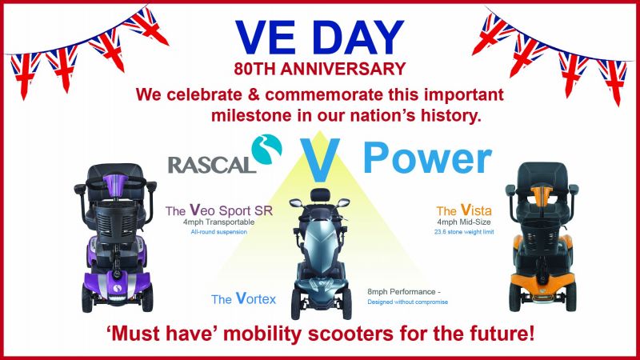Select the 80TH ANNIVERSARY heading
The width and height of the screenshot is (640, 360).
319,69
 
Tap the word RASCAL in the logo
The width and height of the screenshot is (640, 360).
212,165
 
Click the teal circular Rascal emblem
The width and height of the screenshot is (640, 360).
266,150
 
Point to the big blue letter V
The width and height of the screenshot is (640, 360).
320,159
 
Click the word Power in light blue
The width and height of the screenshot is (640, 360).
427,158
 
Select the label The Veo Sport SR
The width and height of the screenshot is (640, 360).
218,210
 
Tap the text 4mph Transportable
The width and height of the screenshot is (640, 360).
218,222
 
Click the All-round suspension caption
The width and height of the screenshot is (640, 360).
218,232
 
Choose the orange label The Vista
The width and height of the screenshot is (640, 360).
464,210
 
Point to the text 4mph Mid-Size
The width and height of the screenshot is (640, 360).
464,222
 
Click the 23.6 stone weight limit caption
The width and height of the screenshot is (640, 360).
464,232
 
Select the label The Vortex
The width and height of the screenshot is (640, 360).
244,298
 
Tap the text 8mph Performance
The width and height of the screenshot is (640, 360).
402,292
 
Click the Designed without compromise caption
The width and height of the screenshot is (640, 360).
407,302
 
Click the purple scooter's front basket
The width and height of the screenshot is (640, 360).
116,223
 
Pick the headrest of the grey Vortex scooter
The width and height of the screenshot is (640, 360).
320,194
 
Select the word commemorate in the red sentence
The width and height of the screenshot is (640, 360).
324,94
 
